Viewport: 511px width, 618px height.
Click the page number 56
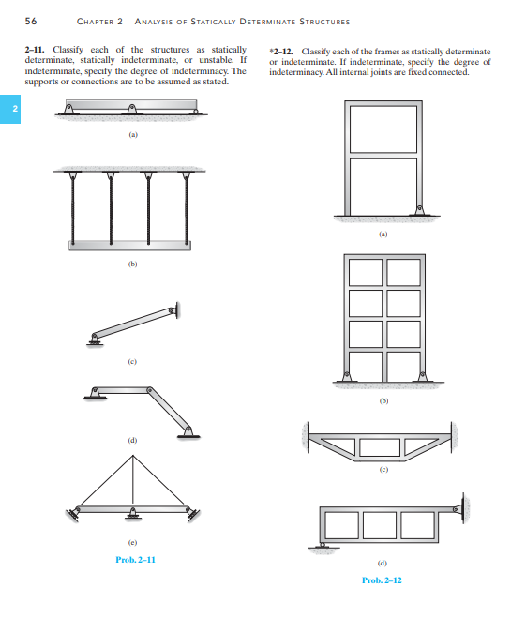pyautogui.click(x=31, y=21)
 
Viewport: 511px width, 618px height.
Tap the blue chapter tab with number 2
pyautogui.click(x=10, y=109)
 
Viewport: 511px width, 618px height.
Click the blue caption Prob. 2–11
pyautogui.click(x=136, y=560)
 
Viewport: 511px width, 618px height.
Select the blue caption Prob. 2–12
pyautogui.click(x=382, y=580)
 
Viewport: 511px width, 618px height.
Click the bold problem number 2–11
pyautogui.click(x=35, y=50)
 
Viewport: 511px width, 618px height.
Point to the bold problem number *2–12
pyautogui.click(x=281, y=52)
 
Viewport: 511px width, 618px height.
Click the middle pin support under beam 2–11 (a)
pyautogui.click(x=132, y=109)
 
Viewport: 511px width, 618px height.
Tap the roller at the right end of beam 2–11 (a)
pyautogui.click(x=195, y=112)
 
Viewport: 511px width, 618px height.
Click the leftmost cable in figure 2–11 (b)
pyautogui.click(x=72, y=208)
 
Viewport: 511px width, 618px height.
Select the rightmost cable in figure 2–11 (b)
pyautogui.click(x=186, y=208)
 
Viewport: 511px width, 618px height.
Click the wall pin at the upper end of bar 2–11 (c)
pyautogui.click(x=173, y=310)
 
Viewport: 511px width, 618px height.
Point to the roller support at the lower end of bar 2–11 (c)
pyautogui.click(x=95, y=340)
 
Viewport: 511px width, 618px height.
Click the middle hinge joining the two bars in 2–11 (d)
pyautogui.click(x=149, y=390)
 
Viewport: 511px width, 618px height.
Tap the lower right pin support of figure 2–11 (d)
pyautogui.click(x=188, y=432)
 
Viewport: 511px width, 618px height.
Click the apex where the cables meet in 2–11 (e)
pyautogui.click(x=133, y=456)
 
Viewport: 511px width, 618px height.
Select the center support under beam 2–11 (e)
pyautogui.click(x=133, y=514)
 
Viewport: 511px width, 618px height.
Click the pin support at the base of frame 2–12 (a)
pyautogui.click(x=420, y=210)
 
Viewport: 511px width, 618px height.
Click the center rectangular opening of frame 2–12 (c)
pyautogui.click(x=380, y=447)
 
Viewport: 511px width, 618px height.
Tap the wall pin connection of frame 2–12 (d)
pyautogui.click(x=458, y=509)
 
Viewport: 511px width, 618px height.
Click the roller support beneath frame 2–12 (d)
pyautogui.click(x=323, y=546)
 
